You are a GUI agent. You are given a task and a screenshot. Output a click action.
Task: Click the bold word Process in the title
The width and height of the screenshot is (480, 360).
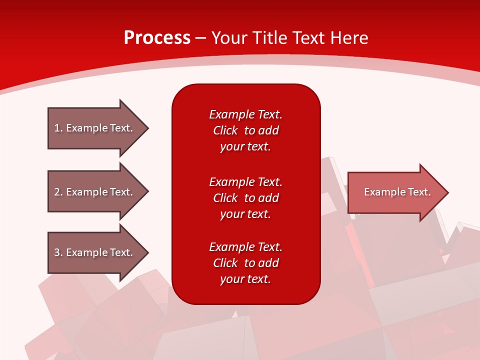coord(157,38)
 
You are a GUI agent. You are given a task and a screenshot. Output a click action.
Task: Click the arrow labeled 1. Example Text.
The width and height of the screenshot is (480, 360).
coord(93,128)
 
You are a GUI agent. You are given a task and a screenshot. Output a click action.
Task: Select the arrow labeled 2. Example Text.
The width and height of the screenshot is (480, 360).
coord(93,192)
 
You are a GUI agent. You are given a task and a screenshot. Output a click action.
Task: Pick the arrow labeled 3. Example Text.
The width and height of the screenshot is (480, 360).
coord(93,252)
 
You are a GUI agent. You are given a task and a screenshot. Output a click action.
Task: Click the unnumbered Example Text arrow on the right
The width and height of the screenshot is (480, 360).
coord(397,192)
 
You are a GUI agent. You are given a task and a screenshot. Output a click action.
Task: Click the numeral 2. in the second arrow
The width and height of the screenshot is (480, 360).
coord(58,192)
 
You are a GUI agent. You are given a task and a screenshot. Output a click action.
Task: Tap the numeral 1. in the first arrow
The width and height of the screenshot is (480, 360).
coord(58,128)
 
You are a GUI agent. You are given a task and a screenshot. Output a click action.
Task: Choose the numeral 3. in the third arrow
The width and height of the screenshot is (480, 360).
coord(58,252)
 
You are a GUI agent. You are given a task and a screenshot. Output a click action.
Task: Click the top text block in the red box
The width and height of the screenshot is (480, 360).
coord(245,130)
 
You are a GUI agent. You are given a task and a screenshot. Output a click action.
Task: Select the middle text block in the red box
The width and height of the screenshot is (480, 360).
coord(245,198)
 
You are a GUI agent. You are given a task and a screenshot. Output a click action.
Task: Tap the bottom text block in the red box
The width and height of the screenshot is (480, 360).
coord(245,263)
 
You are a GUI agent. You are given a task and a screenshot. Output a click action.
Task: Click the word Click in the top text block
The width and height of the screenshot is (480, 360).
coord(225,130)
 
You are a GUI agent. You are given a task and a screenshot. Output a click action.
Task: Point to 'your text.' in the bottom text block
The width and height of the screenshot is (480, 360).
coord(245,279)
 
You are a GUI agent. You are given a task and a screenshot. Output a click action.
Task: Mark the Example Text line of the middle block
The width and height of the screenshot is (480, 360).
coord(245,182)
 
